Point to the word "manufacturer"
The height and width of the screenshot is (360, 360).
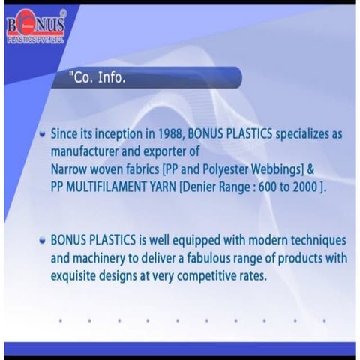click(x=87, y=151)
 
